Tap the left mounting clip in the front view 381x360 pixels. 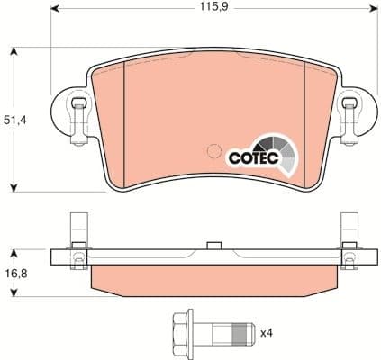(77, 114)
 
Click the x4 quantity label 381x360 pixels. (266, 333)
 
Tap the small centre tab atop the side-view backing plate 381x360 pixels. (213, 243)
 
